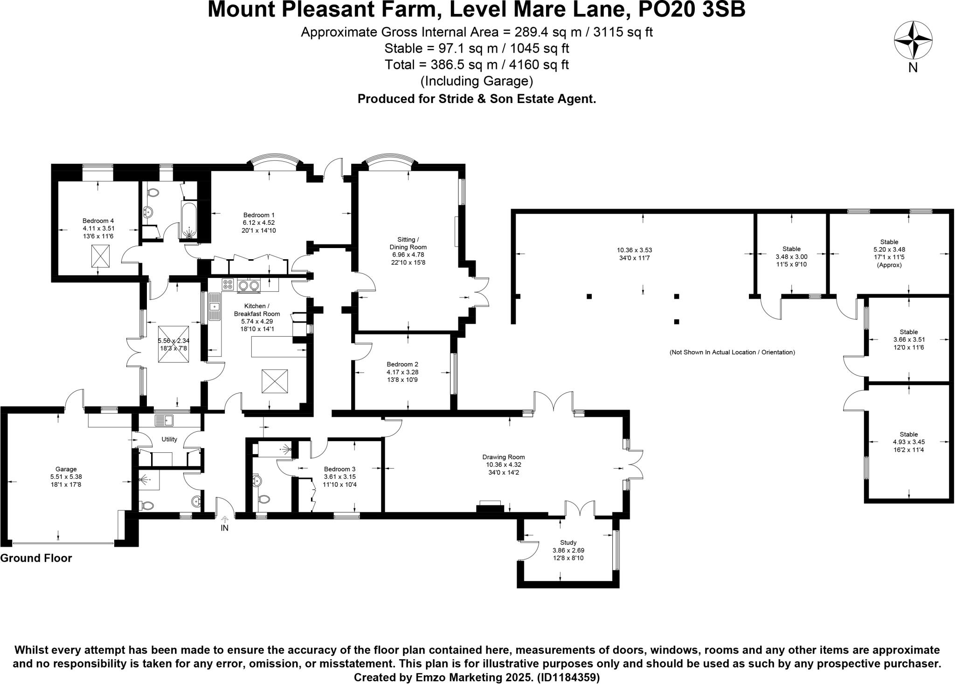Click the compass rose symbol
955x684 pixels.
(913, 41)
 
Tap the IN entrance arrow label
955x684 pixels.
(224, 528)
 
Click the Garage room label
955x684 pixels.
(66, 469)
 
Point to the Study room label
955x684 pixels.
(568, 543)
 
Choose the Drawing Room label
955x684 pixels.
(504, 457)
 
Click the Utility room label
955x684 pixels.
(169, 439)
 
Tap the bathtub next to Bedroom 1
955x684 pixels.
(189, 221)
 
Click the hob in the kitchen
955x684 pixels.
(228, 284)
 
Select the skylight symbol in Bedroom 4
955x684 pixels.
(98, 256)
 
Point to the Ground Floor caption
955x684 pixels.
(36, 558)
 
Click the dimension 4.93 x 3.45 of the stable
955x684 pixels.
(909, 442)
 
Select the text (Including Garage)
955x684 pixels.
(477, 81)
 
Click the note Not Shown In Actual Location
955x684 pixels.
(732, 352)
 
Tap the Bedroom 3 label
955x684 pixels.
(340, 469)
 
